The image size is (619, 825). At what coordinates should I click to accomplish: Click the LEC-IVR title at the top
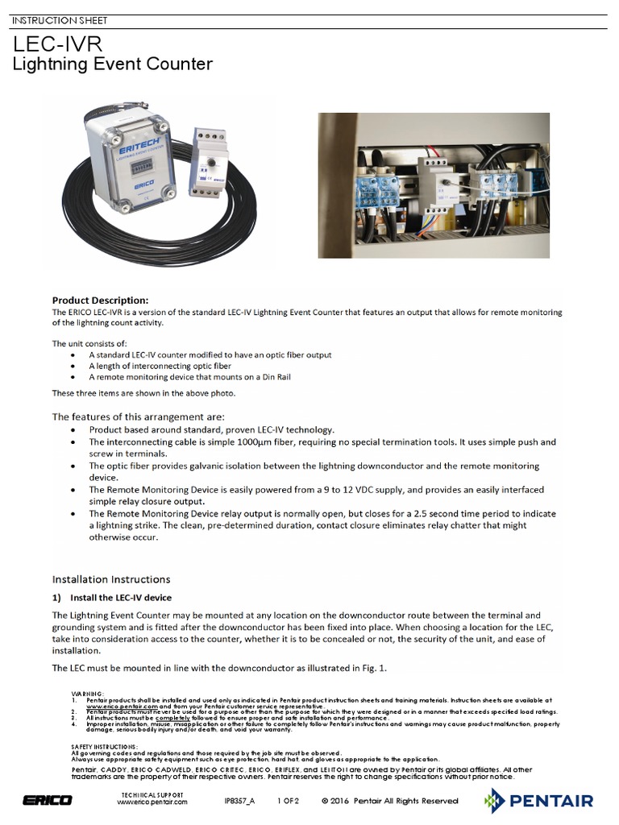click(56, 44)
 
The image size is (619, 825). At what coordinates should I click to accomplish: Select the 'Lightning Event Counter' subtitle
click(112, 64)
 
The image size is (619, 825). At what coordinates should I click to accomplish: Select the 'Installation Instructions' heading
click(111, 578)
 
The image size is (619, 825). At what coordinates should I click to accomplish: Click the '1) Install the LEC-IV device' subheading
click(112, 597)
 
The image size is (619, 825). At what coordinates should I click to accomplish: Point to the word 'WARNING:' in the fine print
click(88, 693)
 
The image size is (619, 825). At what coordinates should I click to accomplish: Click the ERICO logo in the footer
click(48, 800)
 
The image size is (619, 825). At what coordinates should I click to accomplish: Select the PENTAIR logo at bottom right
click(540, 800)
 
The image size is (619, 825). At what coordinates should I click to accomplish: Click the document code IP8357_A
click(239, 801)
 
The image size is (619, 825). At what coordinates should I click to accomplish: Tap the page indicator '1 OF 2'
click(288, 801)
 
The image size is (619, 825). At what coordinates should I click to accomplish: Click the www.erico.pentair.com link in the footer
click(152, 804)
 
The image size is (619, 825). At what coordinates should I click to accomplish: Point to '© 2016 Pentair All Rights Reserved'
click(389, 801)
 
